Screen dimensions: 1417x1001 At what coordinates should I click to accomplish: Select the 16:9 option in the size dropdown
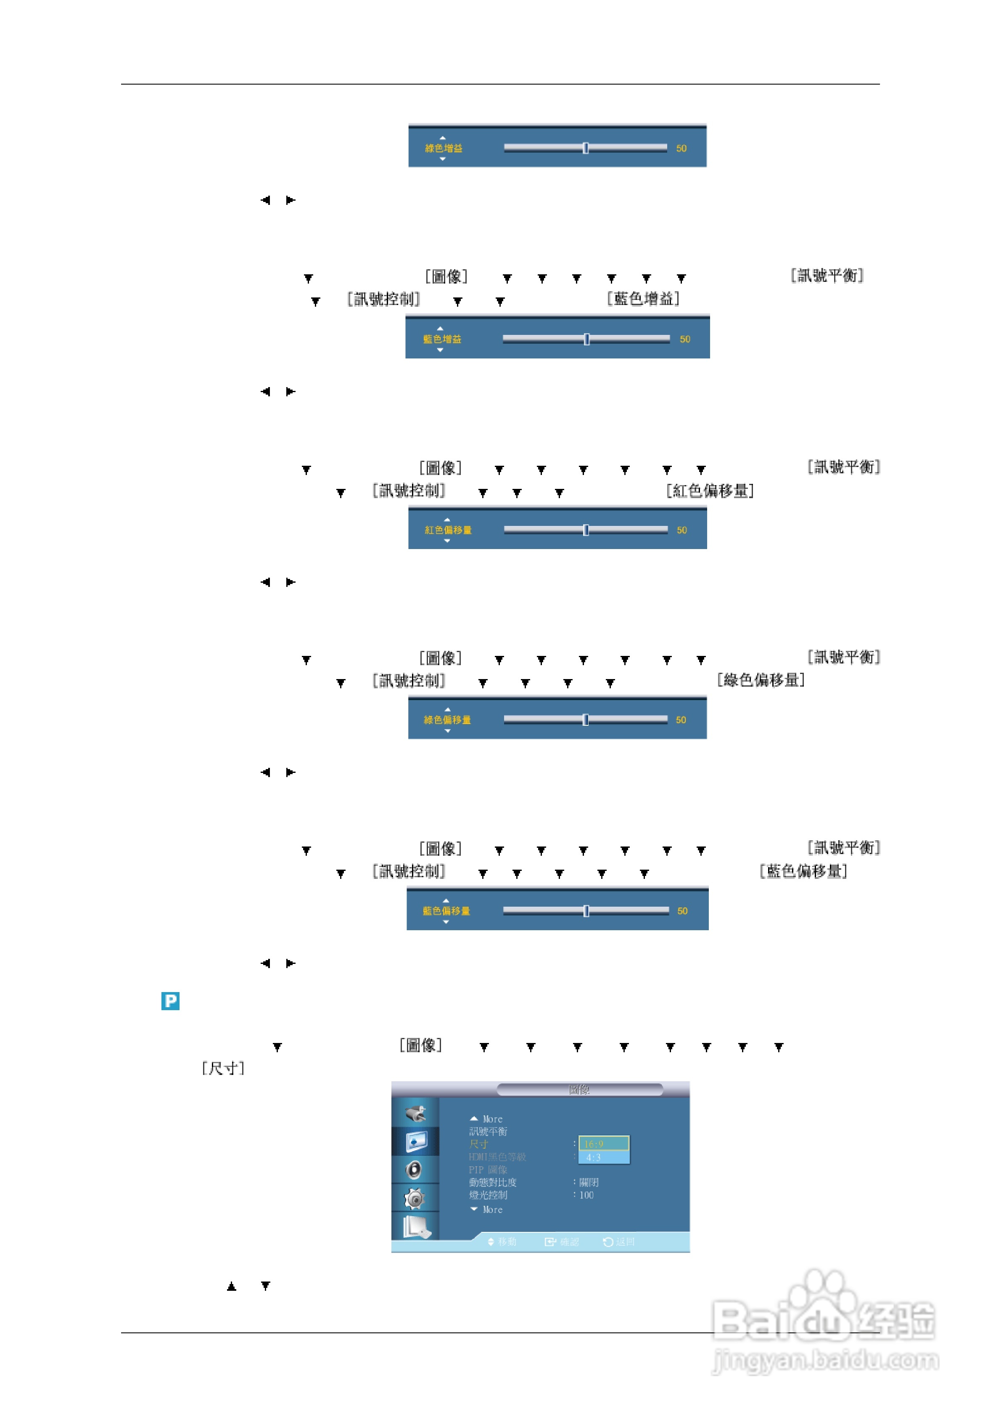(603, 1144)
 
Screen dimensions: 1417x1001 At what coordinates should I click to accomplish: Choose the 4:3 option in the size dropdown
(603, 1157)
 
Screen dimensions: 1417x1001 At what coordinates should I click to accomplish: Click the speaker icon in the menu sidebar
(415, 1170)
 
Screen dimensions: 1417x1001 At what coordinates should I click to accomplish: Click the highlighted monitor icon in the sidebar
(416, 1141)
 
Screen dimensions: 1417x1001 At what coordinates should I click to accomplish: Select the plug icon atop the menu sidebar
(416, 1113)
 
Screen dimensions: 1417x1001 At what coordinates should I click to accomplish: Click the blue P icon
(170, 1000)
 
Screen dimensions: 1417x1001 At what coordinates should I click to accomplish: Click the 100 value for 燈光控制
(586, 1195)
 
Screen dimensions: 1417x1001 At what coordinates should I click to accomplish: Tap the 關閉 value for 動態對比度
(589, 1183)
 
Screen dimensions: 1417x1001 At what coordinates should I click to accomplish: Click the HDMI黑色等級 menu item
(497, 1157)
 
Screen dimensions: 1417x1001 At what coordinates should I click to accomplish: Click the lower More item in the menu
(487, 1210)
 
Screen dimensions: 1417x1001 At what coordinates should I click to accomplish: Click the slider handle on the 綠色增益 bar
(585, 148)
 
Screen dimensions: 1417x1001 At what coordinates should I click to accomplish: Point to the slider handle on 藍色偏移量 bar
(586, 911)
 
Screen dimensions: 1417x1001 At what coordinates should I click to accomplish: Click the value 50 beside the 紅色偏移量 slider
(681, 530)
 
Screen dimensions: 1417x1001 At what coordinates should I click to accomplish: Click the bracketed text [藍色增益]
(643, 299)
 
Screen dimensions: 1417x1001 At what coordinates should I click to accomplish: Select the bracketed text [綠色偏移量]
(761, 680)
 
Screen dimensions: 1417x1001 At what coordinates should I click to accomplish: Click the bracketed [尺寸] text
(223, 1068)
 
